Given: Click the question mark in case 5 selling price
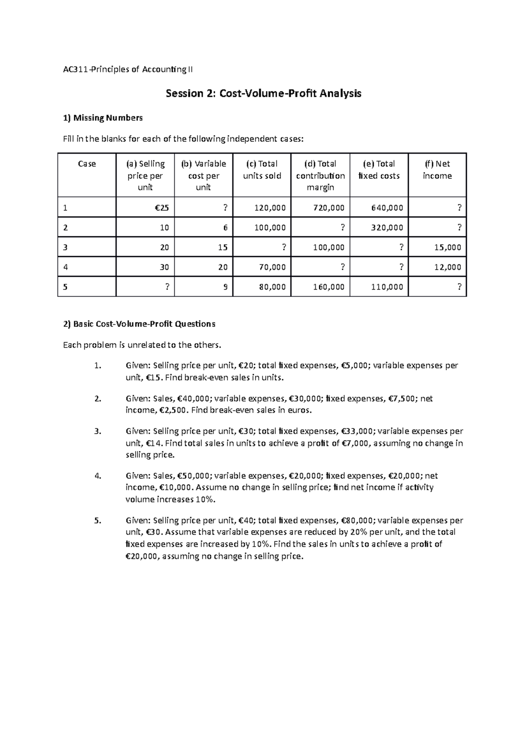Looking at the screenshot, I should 166,287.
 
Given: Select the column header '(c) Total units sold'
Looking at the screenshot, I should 262,170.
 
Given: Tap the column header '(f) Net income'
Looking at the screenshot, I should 437,170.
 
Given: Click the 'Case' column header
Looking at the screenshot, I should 87,164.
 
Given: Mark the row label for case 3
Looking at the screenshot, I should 65,247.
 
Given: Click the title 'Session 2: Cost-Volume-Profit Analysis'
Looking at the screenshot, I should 263,94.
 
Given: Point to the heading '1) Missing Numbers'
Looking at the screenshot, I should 103,118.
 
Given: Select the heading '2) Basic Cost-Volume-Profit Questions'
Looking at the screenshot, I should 139,324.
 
